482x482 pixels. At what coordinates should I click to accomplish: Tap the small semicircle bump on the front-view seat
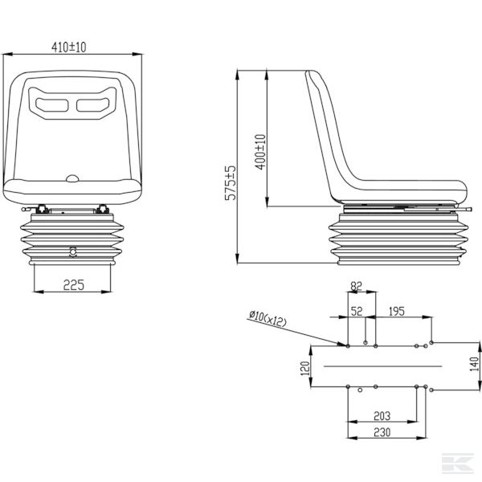(72, 178)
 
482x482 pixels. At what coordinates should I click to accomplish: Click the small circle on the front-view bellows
(73, 250)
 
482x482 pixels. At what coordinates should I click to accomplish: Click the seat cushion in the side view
(402, 190)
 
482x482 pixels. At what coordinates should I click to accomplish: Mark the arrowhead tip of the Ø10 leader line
(347, 346)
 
